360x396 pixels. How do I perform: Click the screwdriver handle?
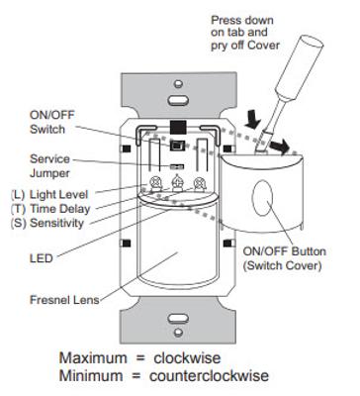coord(300,67)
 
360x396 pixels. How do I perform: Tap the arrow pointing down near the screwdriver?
coord(253,120)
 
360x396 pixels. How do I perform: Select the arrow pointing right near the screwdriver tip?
coord(279,147)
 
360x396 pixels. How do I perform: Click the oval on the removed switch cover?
coord(262,198)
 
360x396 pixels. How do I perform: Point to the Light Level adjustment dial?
coord(154,184)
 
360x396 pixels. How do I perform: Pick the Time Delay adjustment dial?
coord(177,183)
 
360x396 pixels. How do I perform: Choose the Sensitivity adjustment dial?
coord(200,184)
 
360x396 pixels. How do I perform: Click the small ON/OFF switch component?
coord(176,146)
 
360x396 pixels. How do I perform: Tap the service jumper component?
coord(177,166)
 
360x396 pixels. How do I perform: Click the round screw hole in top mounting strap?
coord(178,83)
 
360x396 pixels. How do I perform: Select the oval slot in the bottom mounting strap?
coord(178,319)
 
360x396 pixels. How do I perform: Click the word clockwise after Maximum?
coord(187,358)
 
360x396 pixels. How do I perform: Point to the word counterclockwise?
coord(209,375)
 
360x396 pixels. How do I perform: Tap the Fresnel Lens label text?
coord(64,300)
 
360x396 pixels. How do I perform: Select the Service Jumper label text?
coord(49,166)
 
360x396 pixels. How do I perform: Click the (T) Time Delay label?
coord(50,209)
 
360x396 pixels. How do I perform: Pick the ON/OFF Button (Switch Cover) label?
coord(285,258)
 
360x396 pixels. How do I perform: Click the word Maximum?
coord(93,358)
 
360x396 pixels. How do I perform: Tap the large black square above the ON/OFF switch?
coord(178,128)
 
